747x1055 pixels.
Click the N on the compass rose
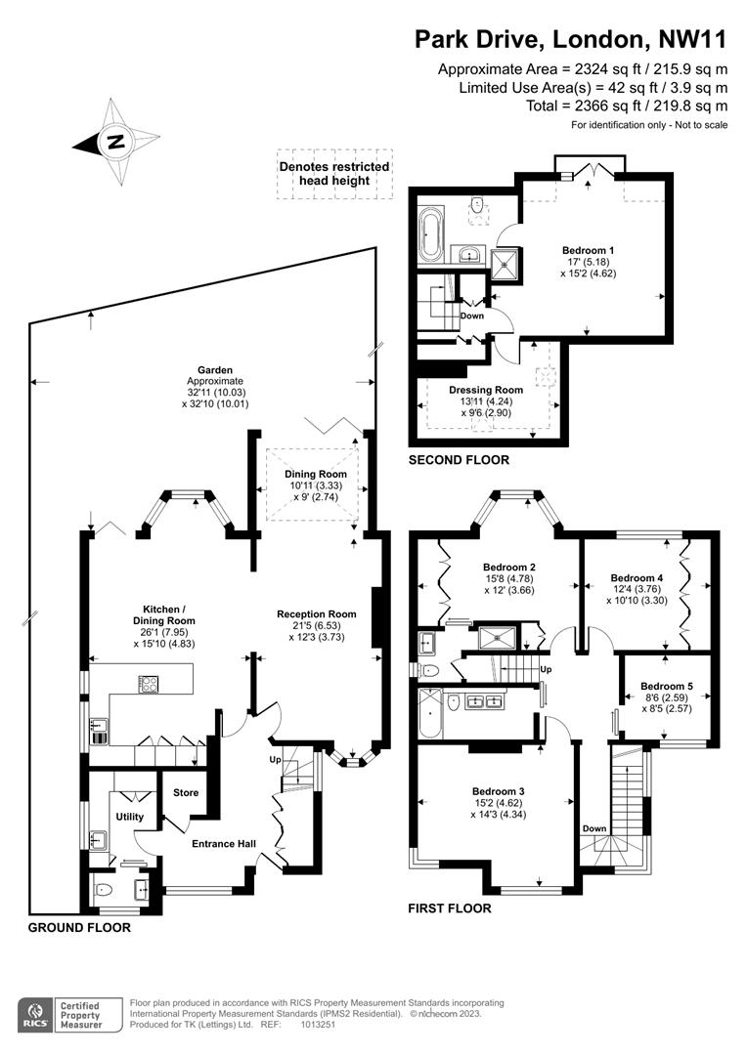coord(115,142)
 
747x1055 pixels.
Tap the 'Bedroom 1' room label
coord(588,250)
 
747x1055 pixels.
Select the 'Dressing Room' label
coord(486,390)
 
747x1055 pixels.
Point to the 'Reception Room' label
coord(317,613)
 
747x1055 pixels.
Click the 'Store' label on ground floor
coord(186,792)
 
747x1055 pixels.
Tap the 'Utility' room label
coord(130,817)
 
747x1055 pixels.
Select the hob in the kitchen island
coord(149,684)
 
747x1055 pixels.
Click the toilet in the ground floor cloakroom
coord(103,890)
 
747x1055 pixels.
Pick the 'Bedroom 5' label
coord(667,687)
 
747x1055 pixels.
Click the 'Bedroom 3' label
coord(499,791)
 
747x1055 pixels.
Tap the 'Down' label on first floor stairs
coord(594,828)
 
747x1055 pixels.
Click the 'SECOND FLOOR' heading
coord(459,460)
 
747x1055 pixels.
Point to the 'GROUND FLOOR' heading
coord(79,928)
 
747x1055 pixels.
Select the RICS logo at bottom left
coord(36,1015)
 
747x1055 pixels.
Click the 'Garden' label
coord(215,370)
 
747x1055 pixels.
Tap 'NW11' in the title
coord(693,39)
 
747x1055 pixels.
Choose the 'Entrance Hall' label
coord(224,844)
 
